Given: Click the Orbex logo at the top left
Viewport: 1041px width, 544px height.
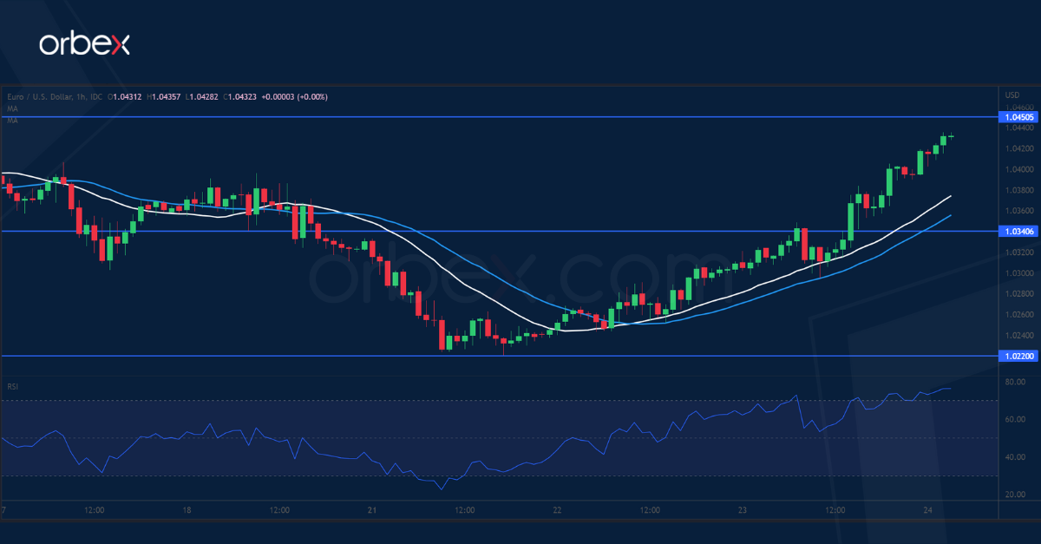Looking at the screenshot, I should point(83,45).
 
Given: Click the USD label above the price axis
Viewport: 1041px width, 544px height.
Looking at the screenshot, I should point(1011,95).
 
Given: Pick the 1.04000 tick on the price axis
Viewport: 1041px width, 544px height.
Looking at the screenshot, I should point(1016,169).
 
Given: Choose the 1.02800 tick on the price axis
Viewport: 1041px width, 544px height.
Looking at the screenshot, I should point(1016,294).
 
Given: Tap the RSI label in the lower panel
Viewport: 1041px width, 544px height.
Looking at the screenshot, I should point(12,386).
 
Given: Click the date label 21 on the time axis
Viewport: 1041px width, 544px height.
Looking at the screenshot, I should point(372,510).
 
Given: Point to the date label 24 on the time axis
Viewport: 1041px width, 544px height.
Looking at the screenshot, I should point(926,510).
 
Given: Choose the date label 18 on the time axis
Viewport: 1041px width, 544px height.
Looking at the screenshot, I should point(187,510).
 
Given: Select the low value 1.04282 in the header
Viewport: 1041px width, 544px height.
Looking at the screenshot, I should point(206,96).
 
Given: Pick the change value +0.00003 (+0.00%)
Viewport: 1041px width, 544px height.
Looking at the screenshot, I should point(295,96).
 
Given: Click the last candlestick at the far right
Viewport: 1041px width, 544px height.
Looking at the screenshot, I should point(952,135).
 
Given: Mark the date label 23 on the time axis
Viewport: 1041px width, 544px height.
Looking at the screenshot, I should point(743,510).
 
